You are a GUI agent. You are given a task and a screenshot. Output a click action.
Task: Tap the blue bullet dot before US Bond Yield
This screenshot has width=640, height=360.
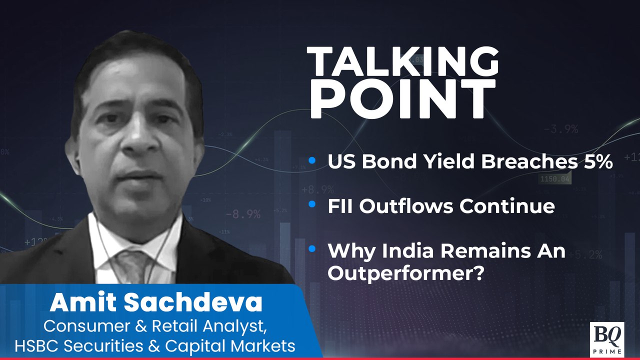tap(312, 160)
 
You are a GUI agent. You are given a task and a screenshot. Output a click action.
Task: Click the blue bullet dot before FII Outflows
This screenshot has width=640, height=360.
tap(312, 204)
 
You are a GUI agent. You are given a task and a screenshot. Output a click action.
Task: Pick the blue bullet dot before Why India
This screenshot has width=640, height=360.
tap(312, 249)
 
